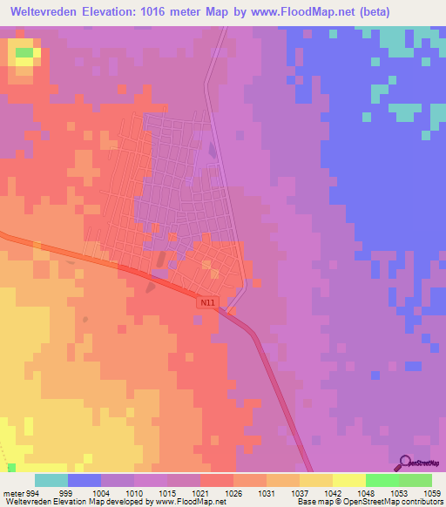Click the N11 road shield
[206, 303]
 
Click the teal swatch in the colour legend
[51, 480]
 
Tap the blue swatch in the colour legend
[84, 480]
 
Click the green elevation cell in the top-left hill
[24, 53]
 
